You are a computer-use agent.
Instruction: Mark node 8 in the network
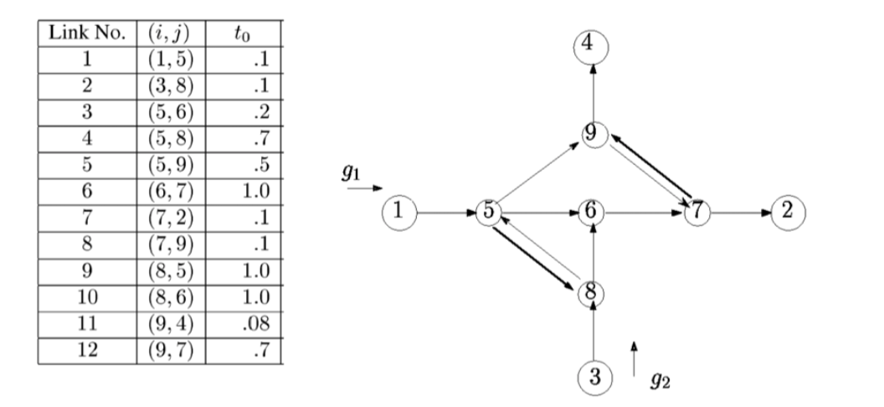(x=593, y=293)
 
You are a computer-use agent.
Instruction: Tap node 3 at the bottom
(x=593, y=375)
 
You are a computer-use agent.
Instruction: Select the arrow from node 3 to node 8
(x=593, y=335)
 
